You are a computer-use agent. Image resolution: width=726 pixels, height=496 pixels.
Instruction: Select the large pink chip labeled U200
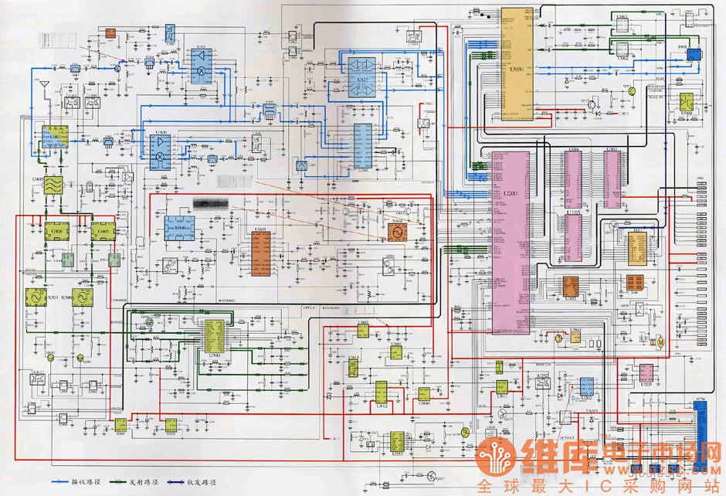click(x=509, y=240)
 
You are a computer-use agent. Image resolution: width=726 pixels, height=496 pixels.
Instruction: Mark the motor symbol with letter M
click(x=660, y=341)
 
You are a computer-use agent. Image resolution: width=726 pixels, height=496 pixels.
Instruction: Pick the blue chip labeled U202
click(x=586, y=385)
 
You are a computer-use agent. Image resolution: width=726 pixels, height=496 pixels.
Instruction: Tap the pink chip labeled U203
click(x=646, y=373)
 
